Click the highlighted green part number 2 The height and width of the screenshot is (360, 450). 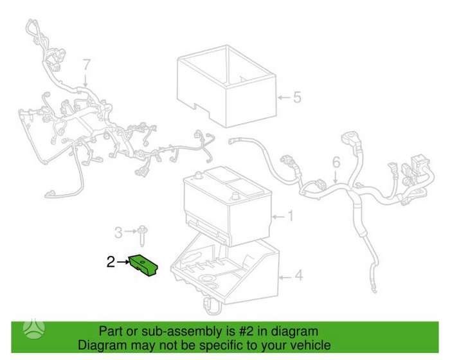pyautogui.click(x=143, y=266)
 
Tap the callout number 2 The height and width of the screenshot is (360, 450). pyautogui.click(x=111, y=262)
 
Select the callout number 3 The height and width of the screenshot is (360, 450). pyautogui.click(x=118, y=232)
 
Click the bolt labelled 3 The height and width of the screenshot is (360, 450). pyautogui.click(x=141, y=236)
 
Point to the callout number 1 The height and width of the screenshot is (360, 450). pyautogui.click(x=291, y=216)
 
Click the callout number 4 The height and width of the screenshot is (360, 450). pyautogui.click(x=299, y=275)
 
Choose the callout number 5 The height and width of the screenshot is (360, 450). pyautogui.click(x=297, y=97)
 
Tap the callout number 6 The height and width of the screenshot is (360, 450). pyautogui.click(x=336, y=162)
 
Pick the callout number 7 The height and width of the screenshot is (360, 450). pyautogui.click(x=87, y=65)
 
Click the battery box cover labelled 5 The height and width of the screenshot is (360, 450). pyautogui.click(x=227, y=85)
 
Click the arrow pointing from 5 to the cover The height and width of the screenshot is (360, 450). pyautogui.click(x=284, y=98)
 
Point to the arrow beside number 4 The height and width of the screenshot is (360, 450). pyautogui.click(x=286, y=277)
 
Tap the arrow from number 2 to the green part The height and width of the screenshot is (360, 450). pyautogui.click(x=123, y=262)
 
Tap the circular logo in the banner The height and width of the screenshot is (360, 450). pyautogui.click(x=34, y=330)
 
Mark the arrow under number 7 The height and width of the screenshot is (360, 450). pyautogui.click(x=86, y=80)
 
